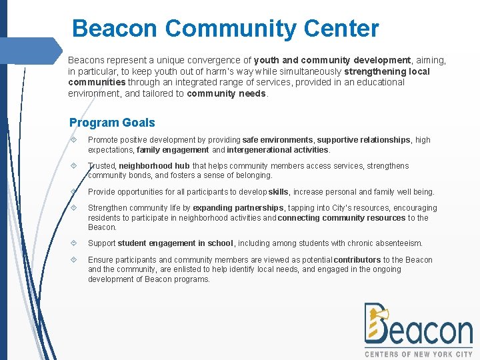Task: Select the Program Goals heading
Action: pyautogui.click(x=112, y=123)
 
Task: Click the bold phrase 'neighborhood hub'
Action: pyautogui.click(x=155, y=166)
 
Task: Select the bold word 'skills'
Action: pyautogui.click(x=279, y=192)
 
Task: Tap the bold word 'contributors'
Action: pyautogui.click(x=357, y=260)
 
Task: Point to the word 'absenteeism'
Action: pyautogui.click(x=399, y=243)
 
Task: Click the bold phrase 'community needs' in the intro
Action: pyautogui.click(x=227, y=93)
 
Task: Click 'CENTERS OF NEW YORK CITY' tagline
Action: pyautogui.click(x=419, y=354)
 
